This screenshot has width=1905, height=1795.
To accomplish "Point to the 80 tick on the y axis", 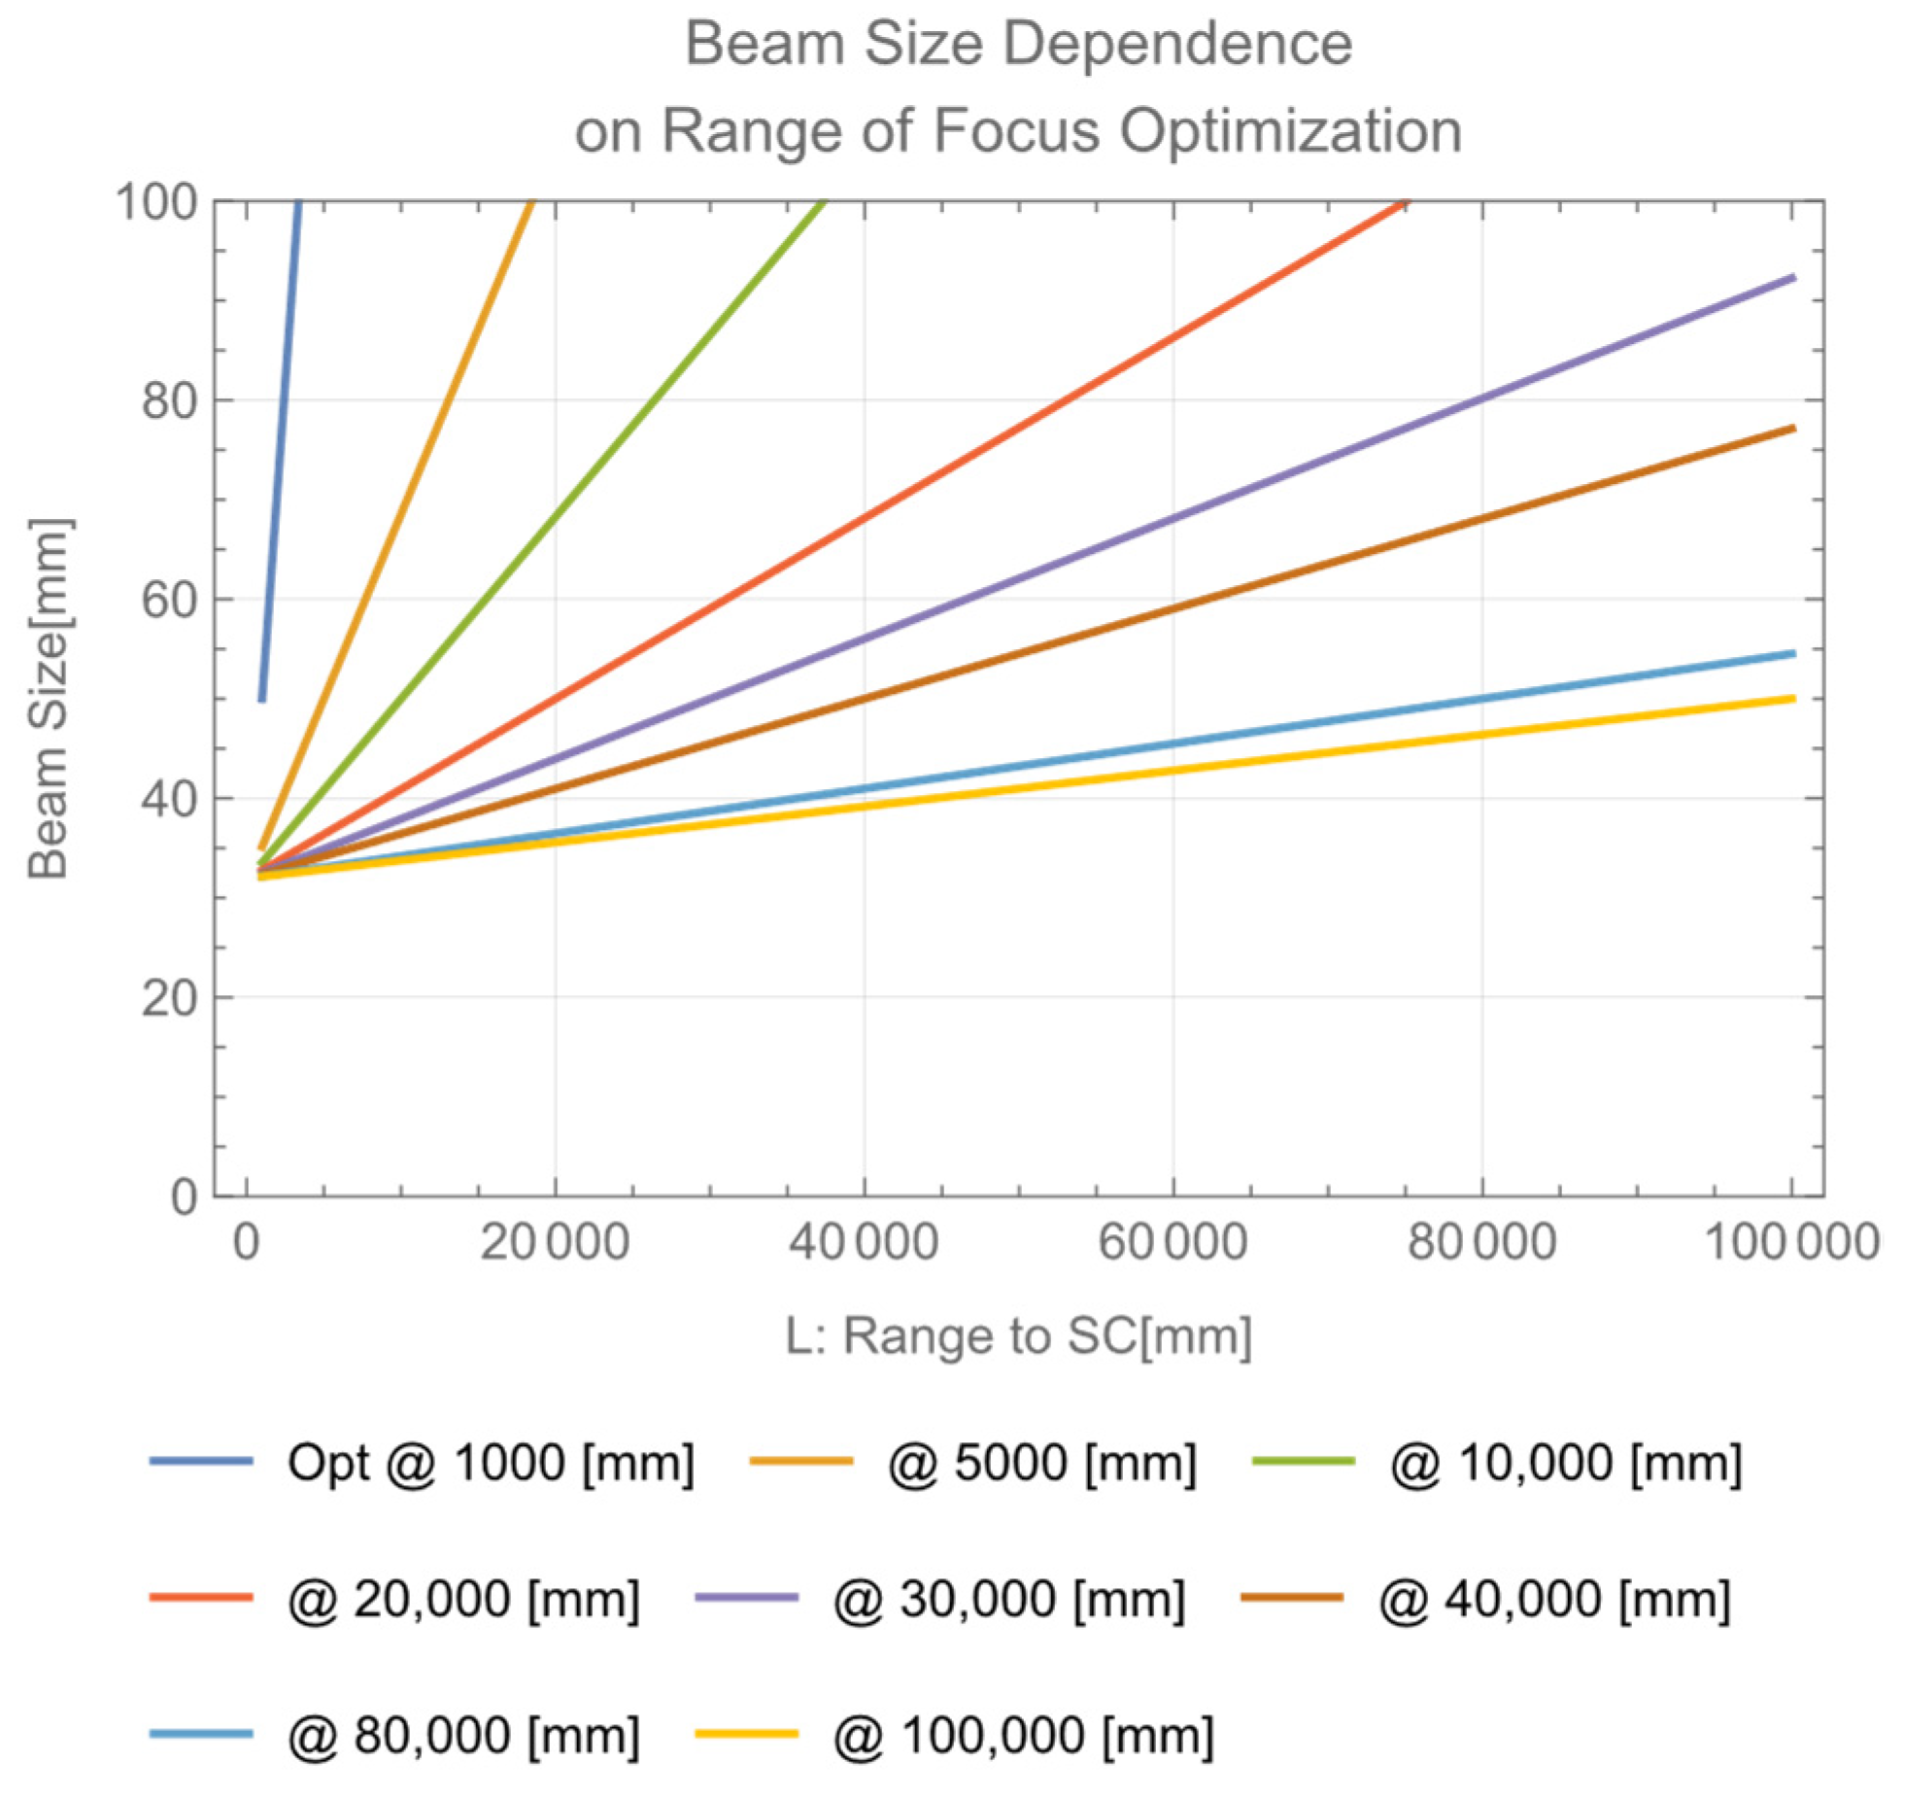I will point(169,400).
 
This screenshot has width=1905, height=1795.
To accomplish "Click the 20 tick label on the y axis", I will point(169,998).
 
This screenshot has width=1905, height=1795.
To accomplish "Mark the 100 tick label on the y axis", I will point(155,202).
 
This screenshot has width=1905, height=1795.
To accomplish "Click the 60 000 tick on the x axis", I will point(1173,1243).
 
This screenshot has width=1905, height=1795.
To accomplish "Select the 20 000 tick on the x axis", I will point(555,1243).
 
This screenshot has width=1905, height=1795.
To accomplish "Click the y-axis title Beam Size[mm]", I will point(49,700).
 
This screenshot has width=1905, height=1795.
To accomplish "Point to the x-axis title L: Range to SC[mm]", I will point(1017,1335).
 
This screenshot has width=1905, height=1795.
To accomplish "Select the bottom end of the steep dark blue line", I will point(262,699).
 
